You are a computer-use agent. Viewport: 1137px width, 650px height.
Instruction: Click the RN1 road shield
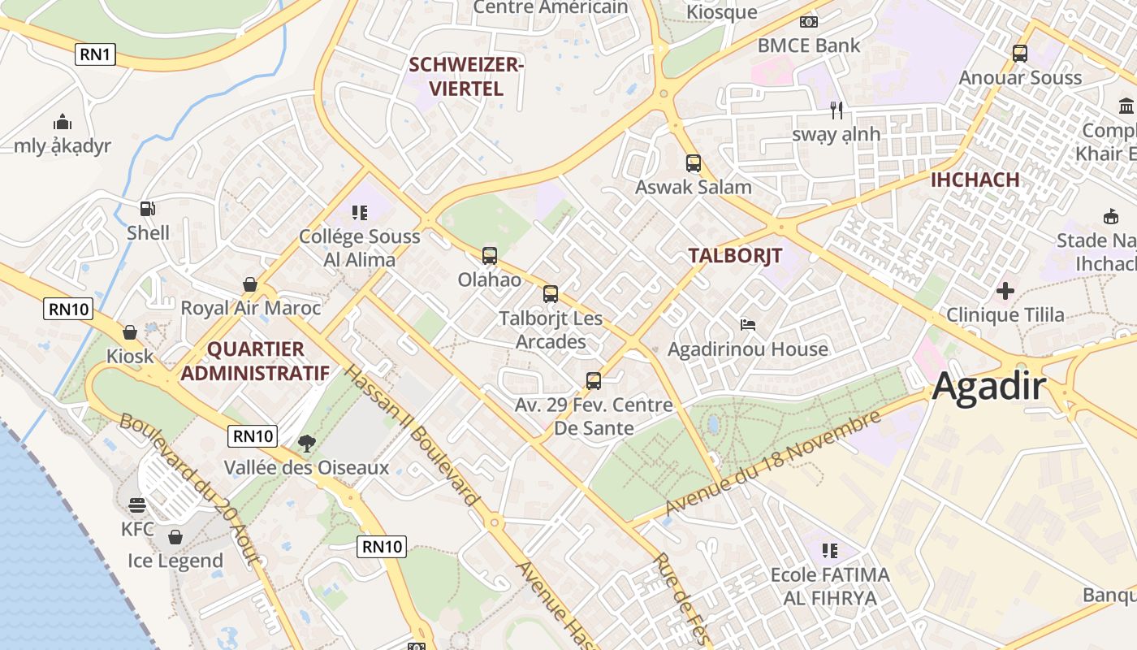click(96, 55)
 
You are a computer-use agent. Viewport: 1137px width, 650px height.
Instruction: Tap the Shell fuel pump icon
click(147, 209)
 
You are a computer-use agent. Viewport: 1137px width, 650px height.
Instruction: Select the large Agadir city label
click(988, 386)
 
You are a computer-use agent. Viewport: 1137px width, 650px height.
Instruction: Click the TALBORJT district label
click(735, 255)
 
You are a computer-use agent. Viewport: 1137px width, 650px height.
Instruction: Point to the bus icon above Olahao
click(489, 256)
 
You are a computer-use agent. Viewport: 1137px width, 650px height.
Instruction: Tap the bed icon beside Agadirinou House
click(748, 325)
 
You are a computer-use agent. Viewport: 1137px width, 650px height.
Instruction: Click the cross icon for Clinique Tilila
click(1005, 290)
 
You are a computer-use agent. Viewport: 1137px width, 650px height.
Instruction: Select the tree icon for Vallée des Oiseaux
click(306, 443)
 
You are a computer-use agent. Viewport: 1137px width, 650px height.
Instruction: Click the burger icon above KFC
click(137, 505)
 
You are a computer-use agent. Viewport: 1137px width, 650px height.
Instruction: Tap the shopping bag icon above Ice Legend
click(175, 537)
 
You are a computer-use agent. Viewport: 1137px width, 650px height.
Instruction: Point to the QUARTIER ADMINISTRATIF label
click(255, 362)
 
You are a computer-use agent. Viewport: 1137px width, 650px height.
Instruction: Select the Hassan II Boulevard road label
click(410, 435)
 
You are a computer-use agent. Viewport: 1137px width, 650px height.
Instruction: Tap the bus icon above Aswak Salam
click(693, 162)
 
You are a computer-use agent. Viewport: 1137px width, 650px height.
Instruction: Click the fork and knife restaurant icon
click(837, 110)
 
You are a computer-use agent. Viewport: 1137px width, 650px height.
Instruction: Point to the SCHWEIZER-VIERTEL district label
click(466, 76)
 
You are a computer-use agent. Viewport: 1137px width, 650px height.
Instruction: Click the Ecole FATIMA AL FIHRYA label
click(829, 587)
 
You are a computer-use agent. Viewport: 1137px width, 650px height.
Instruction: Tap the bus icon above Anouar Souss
click(1020, 54)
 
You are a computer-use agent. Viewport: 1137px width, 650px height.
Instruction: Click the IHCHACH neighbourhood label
click(975, 180)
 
